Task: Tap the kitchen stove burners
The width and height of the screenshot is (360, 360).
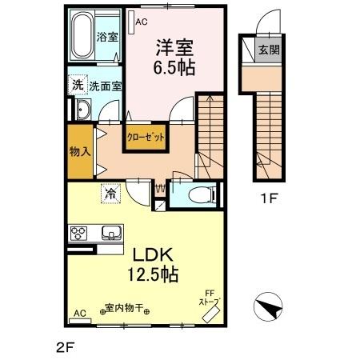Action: point(81,234)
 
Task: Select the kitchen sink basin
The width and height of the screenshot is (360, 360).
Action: point(110,234)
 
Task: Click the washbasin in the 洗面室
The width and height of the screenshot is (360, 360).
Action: point(82,110)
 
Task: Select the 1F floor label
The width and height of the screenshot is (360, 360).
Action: point(267,199)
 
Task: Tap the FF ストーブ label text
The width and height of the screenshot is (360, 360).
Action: point(210,298)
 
